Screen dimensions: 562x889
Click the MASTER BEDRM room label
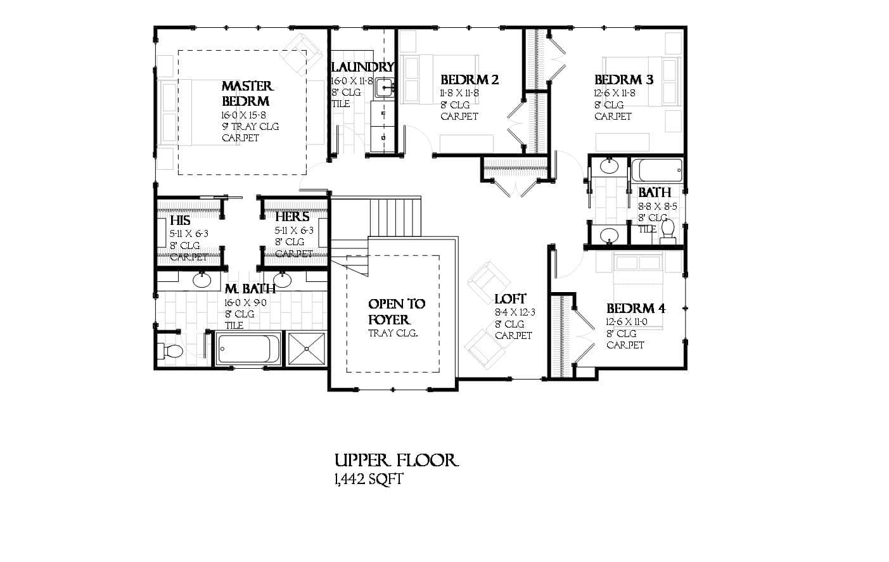[x=247, y=93]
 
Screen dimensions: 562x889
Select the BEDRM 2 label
[x=470, y=79]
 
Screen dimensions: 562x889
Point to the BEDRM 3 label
[x=624, y=79]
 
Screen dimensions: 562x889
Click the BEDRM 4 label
[x=636, y=309]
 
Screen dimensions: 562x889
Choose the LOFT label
[x=510, y=298]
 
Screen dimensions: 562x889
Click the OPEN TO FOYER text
[x=397, y=312]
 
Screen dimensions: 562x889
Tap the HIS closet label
[x=180, y=220]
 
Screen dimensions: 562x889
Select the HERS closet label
[x=292, y=217]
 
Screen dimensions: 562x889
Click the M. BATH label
[x=250, y=289]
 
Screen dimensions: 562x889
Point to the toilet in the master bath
[x=171, y=350]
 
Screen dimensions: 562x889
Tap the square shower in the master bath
[x=307, y=348]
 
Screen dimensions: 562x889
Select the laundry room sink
[x=383, y=87]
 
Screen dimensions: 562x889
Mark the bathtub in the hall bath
[x=657, y=170]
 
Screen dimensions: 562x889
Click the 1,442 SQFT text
[x=368, y=479]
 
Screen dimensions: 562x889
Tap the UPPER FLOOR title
[x=396, y=459]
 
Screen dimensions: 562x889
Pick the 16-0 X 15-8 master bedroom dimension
[x=243, y=115]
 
